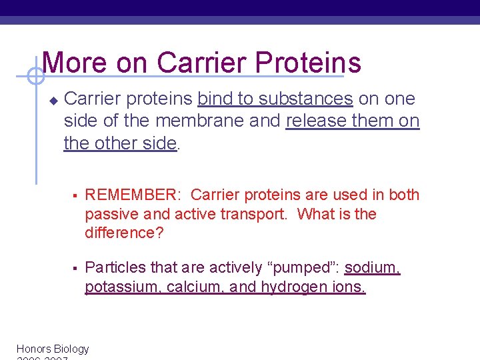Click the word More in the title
click(x=74, y=63)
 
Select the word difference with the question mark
click(x=123, y=233)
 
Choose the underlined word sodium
click(x=372, y=268)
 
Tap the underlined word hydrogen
click(x=291, y=287)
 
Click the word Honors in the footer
click(x=33, y=349)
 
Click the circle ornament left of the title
click(x=36, y=77)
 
